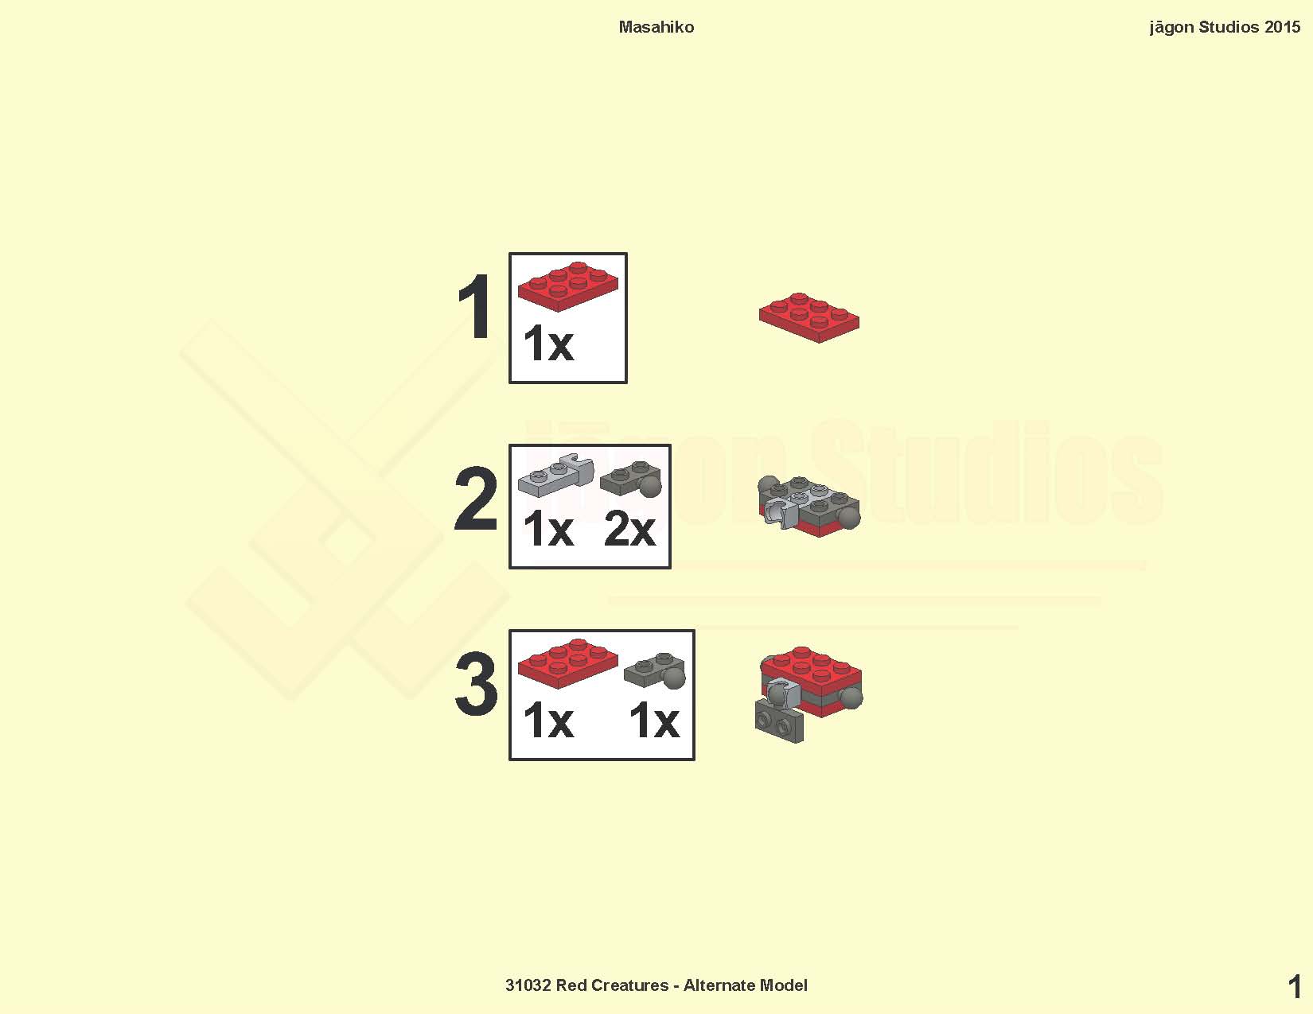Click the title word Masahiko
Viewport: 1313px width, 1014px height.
[656, 27]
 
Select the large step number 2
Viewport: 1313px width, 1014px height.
[476, 499]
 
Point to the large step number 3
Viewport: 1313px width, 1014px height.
[477, 684]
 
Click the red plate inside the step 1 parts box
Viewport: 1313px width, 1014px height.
[568, 286]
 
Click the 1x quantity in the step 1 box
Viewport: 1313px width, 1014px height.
[548, 343]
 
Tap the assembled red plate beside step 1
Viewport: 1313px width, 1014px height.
[809, 317]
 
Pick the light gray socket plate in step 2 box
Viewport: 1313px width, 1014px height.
[556, 476]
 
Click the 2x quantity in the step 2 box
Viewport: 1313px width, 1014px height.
[629, 528]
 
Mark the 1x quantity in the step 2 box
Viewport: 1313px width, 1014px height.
[548, 528]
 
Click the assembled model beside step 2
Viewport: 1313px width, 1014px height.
[809, 506]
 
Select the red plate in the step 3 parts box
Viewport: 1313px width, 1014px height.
[568, 663]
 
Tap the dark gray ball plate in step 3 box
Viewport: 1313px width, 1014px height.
[655, 670]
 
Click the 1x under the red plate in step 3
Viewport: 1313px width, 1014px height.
[548, 720]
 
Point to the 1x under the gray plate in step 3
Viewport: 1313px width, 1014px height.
[654, 720]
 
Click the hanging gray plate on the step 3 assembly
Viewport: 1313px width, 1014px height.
[780, 722]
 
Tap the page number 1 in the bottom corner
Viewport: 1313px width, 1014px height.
[1294, 987]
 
